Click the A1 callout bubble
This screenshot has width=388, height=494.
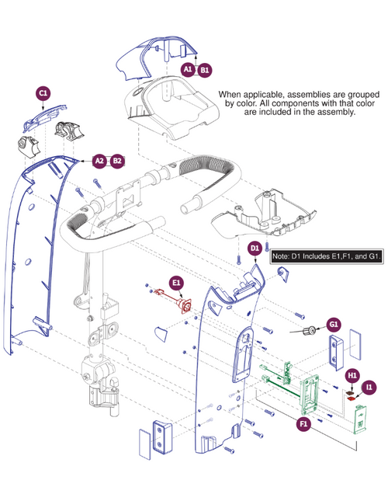coord(188,69)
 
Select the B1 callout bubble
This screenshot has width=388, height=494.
coord(205,69)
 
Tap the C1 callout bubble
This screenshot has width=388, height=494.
coord(43,92)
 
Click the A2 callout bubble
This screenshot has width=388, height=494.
coord(99,161)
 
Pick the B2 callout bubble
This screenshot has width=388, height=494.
coord(117,161)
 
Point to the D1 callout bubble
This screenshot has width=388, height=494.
coord(254,248)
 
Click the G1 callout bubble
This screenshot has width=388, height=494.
coord(334,323)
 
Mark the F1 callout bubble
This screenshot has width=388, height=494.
coord(304,424)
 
